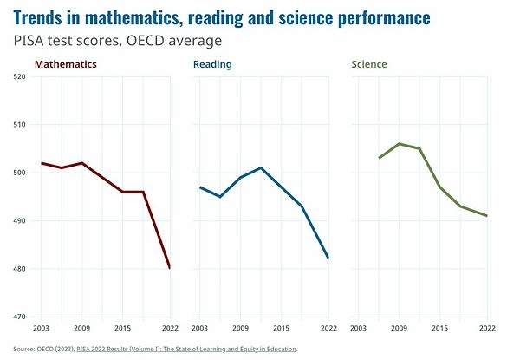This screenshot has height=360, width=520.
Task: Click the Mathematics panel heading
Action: [65, 64]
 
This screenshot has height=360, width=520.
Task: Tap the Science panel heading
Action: [368, 64]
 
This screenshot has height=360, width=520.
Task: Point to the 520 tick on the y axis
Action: [20, 76]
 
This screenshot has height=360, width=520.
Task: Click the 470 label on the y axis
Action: [20, 317]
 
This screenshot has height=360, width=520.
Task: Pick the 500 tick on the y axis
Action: [20, 173]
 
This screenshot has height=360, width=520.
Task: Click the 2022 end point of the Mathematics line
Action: [169, 268]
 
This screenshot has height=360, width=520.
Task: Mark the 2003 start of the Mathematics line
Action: [41, 163]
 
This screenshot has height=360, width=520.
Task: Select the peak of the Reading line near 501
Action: [261, 167]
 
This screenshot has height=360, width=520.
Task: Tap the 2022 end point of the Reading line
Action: [328, 259]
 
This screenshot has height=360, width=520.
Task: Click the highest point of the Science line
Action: [400, 144]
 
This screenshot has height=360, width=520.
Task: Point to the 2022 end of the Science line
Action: [487, 216]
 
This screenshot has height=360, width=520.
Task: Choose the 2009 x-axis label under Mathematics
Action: [82, 330]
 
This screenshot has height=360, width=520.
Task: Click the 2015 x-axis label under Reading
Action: [282, 330]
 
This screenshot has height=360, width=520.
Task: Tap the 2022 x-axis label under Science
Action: [487, 330]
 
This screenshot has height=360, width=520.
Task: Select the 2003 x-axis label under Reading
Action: [199, 330]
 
